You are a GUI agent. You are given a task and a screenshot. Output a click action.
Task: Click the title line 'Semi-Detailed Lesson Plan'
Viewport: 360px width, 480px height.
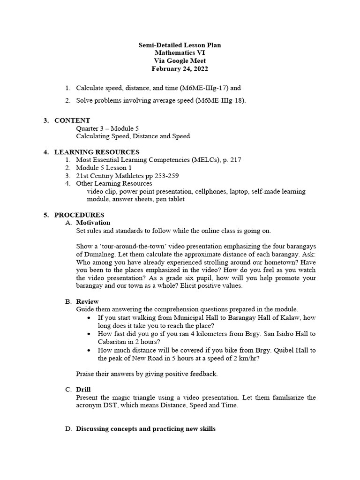click(x=180, y=45)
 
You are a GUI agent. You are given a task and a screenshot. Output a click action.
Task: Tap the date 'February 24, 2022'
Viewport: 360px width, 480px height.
click(x=180, y=68)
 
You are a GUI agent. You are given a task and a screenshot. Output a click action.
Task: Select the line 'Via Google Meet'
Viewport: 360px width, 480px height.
click(x=180, y=60)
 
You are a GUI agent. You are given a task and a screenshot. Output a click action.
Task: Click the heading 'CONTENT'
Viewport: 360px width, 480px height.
click(x=72, y=120)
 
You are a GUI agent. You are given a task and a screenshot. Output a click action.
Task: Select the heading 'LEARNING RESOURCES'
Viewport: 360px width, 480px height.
click(x=97, y=152)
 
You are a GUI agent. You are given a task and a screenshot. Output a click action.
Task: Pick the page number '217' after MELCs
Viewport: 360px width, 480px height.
click(x=236, y=160)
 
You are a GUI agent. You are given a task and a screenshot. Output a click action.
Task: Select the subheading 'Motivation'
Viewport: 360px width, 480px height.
click(x=93, y=223)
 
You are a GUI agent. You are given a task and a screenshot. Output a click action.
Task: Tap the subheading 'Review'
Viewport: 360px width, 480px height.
click(x=88, y=301)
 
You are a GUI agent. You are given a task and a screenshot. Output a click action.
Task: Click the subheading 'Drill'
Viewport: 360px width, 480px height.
click(x=83, y=390)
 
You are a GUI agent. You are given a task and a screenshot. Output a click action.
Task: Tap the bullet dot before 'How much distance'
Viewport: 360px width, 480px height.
click(x=90, y=350)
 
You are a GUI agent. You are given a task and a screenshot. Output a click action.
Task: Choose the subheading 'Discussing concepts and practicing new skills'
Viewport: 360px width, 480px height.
click(x=146, y=429)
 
